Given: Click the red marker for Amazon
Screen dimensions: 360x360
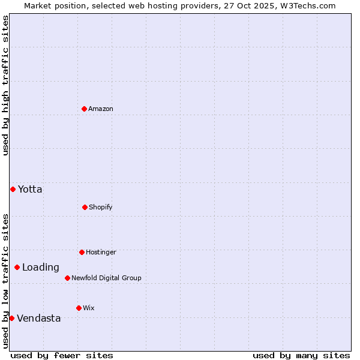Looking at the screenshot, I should click(x=85, y=109).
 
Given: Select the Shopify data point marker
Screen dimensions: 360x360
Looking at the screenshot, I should click(x=85, y=207).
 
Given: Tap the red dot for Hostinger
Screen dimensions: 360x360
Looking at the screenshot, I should click(x=82, y=252).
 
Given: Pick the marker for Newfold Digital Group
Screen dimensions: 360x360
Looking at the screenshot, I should click(x=67, y=278).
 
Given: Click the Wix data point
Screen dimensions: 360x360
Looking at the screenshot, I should click(x=79, y=308).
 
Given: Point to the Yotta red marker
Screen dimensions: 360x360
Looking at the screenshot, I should click(x=13, y=189).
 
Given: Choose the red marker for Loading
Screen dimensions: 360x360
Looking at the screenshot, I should click(x=17, y=267).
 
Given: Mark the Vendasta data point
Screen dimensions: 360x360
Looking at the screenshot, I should click(x=11, y=318).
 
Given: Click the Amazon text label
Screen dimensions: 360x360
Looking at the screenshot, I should click(x=101, y=109).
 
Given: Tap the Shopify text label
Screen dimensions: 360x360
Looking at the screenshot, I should click(x=101, y=207).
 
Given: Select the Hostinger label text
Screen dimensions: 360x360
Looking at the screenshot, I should click(x=101, y=252).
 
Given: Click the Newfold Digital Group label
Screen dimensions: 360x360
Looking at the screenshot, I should click(x=106, y=278).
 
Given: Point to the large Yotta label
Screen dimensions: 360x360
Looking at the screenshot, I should click(x=30, y=189).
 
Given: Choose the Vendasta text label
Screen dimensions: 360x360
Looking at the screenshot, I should click(x=38, y=318).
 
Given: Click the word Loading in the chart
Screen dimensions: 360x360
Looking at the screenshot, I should click(x=41, y=267).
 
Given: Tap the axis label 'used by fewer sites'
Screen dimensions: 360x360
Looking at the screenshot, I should click(x=62, y=355).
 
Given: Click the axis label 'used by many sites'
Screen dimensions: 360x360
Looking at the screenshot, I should click(x=301, y=355).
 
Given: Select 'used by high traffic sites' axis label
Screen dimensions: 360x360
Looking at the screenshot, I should click(x=5, y=85).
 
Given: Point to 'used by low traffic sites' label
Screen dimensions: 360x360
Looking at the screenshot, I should click(x=5, y=280).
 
